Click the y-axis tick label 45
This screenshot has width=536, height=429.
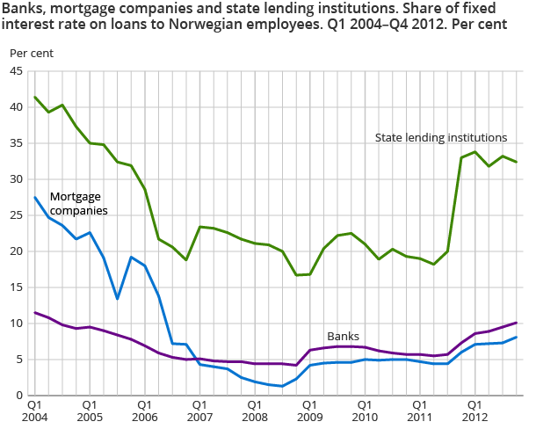click(16, 71)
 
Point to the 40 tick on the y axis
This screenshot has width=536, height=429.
click(16, 107)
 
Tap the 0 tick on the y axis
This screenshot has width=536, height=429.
click(19, 395)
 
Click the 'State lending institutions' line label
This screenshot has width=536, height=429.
click(441, 138)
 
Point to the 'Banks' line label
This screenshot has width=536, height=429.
click(343, 337)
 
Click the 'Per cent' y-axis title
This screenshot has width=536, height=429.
click(32, 53)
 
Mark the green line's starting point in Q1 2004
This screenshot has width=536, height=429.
click(35, 97)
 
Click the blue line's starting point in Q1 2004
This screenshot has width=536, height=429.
click(35, 197)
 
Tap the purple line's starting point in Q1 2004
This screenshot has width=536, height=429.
click(35, 312)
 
